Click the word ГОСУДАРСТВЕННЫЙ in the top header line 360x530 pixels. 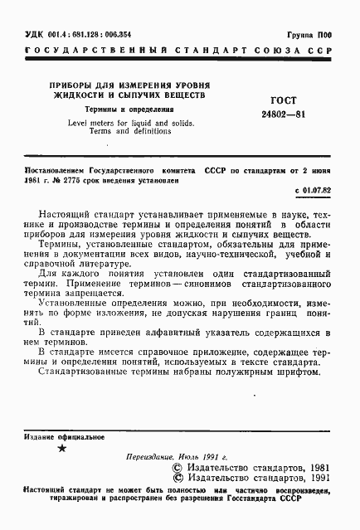click(91, 51)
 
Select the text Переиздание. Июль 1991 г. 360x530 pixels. click(175, 457)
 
